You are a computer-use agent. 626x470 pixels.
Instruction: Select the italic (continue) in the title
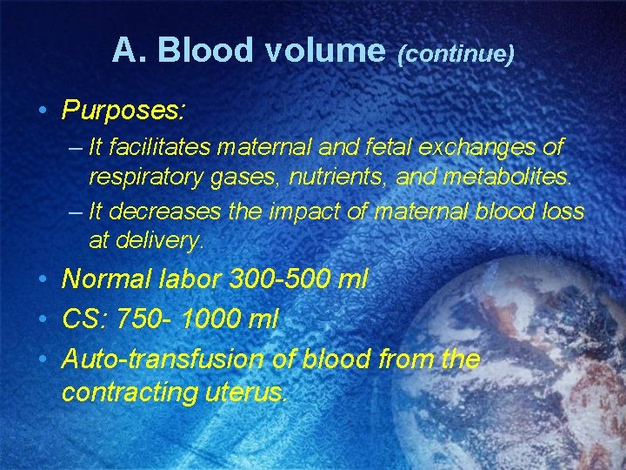456,55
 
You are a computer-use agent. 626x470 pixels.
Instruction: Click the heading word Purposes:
123,111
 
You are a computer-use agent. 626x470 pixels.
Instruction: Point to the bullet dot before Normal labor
43,280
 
